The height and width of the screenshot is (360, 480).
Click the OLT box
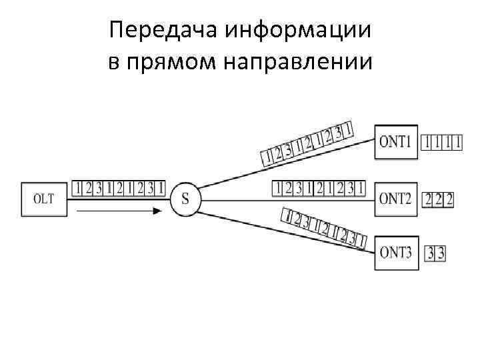coord(43,198)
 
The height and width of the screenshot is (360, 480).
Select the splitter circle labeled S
coord(185,198)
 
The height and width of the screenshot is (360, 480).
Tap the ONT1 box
coord(396,141)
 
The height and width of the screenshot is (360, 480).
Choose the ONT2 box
coord(396,198)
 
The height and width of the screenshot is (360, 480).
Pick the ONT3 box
coord(396,253)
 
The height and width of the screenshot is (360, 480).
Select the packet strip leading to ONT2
coord(319,188)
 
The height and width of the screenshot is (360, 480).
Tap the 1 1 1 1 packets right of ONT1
coord(441,142)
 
